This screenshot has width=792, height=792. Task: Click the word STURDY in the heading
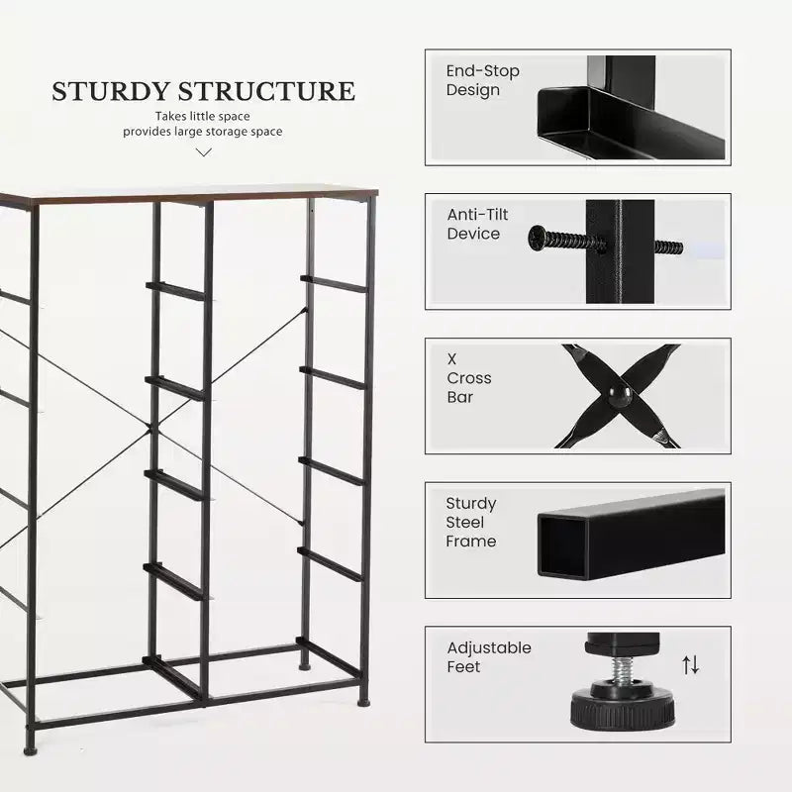[110, 91]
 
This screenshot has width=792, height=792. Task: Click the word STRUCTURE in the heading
[266, 91]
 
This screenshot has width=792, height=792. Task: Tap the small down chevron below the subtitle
[204, 152]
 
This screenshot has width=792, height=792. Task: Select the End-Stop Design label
[482, 80]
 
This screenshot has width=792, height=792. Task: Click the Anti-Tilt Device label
[477, 224]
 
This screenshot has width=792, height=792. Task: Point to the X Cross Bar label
[468, 378]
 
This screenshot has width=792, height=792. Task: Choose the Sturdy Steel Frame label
[471, 523]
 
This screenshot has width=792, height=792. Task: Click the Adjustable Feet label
[488, 656]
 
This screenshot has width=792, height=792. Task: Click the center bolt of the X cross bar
[620, 395]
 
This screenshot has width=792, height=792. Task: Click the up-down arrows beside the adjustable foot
[690, 664]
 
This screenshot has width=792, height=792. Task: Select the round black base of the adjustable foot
[623, 711]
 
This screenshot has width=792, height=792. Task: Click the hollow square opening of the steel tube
[562, 547]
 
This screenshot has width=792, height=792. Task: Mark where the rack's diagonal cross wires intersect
[150, 429]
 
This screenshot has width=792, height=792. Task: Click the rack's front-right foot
[363, 702]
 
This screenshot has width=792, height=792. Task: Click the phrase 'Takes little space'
[203, 116]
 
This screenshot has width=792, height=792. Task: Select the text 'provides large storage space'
[203, 132]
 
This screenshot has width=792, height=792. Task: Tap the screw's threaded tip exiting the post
[668, 247]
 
